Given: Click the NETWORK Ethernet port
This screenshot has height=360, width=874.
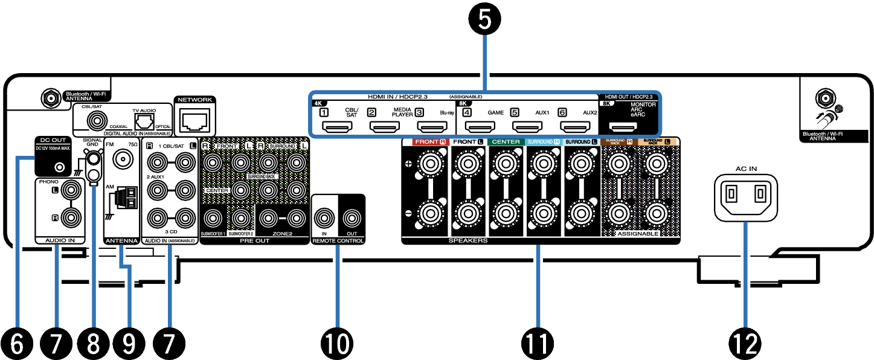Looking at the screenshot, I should (194, 121).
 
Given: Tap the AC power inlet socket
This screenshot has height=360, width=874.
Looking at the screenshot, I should (745, 197).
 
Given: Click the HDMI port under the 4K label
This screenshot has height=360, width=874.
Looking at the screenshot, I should (338, 127).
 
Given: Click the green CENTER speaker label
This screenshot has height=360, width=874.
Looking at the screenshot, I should (507, 142).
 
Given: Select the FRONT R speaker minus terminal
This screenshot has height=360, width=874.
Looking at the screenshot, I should (430, 213).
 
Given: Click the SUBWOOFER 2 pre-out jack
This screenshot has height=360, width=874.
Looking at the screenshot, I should (241, 217).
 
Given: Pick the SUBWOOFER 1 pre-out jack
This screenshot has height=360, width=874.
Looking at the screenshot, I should (212, 217).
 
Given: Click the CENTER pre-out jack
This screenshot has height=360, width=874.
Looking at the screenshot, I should (241, 190).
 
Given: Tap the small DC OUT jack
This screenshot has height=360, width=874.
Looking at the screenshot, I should (59, 167).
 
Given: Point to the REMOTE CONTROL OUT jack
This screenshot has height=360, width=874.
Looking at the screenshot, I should (352, 217).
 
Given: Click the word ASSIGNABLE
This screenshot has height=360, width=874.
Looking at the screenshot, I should (638, 233).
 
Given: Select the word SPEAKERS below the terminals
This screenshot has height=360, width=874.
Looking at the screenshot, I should (468, 240).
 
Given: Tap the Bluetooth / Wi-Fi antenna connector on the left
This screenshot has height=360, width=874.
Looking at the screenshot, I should (96, 121).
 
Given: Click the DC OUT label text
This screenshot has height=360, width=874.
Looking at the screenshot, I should (53, 140).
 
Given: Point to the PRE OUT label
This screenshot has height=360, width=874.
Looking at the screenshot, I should (254, 240).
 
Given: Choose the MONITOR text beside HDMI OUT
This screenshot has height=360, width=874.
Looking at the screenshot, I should (643, 104).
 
